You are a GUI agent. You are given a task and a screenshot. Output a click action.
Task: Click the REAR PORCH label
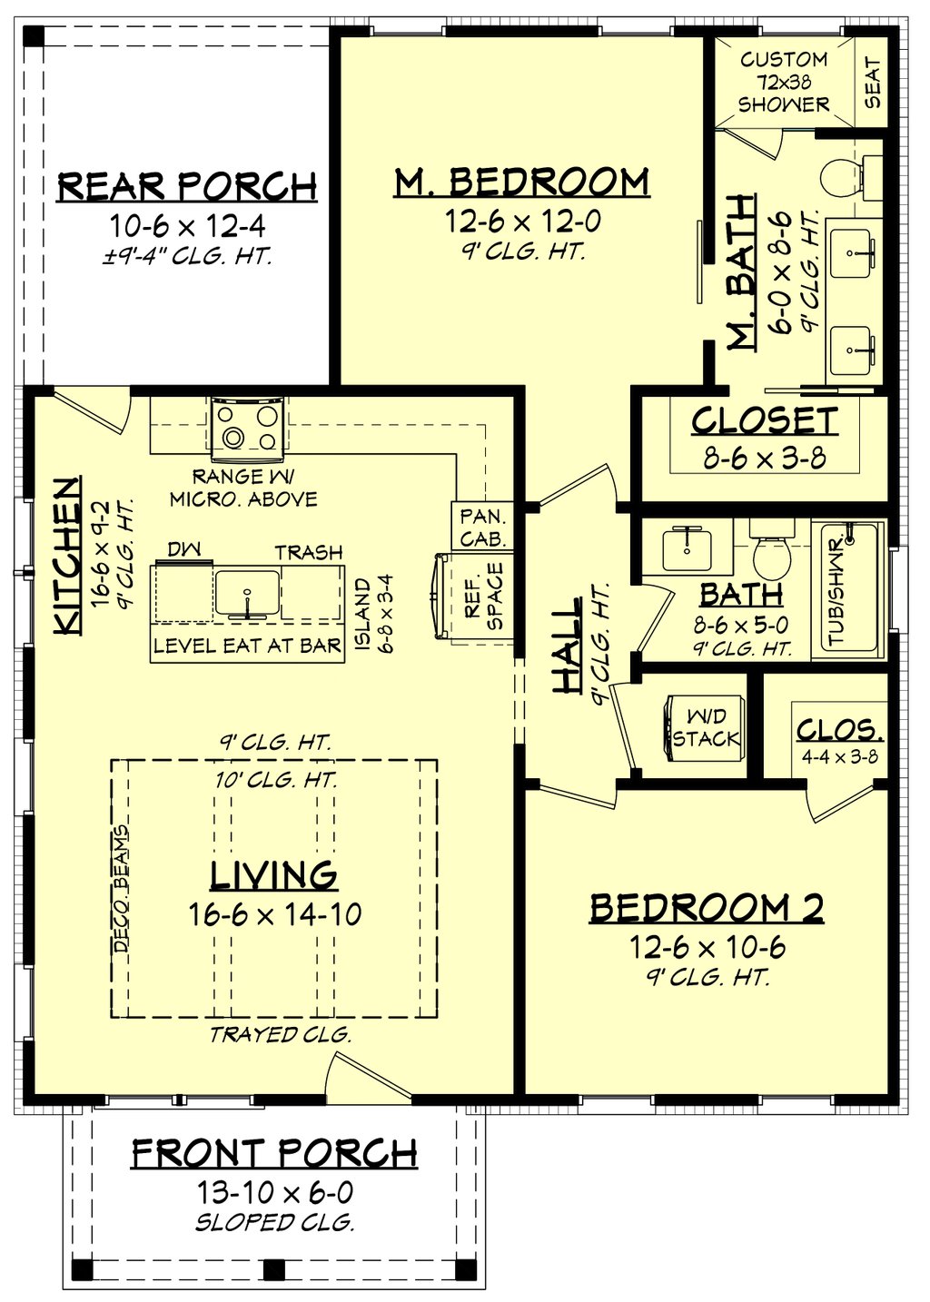click(187, 186)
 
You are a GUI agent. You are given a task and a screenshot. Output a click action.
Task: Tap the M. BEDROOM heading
click(521, 182)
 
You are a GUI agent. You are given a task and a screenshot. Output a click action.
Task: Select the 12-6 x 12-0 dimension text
click(522, 221)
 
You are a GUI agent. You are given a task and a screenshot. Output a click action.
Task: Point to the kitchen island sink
click(247, 591)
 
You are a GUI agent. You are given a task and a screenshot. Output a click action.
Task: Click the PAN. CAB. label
click(482, 528)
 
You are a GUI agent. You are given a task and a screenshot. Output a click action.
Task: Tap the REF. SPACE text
click(484, 597)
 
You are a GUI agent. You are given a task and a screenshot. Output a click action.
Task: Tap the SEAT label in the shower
click(873, 83)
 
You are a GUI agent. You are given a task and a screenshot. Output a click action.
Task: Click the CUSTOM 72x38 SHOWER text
click(783, 82)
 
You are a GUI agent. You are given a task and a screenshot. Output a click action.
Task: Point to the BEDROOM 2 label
click(707, 908)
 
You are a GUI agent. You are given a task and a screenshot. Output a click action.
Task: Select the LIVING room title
click(273, 875)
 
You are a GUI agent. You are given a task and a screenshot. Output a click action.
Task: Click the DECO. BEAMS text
click(122, 888)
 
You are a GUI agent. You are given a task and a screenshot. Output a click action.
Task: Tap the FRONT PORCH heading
click(274, 1154)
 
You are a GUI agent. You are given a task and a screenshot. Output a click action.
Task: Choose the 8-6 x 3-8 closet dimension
click(765, 457)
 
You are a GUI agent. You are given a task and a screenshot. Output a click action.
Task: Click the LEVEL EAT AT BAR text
click(247, 646)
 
